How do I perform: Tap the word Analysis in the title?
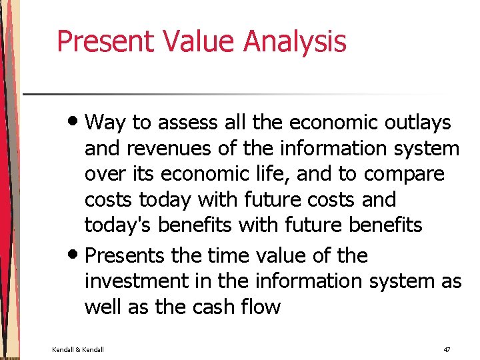[x=295, y=41]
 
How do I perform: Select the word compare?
[x=404, y=174]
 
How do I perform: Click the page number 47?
[x=447, y=349]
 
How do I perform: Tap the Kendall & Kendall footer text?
[x=79, y=349]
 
